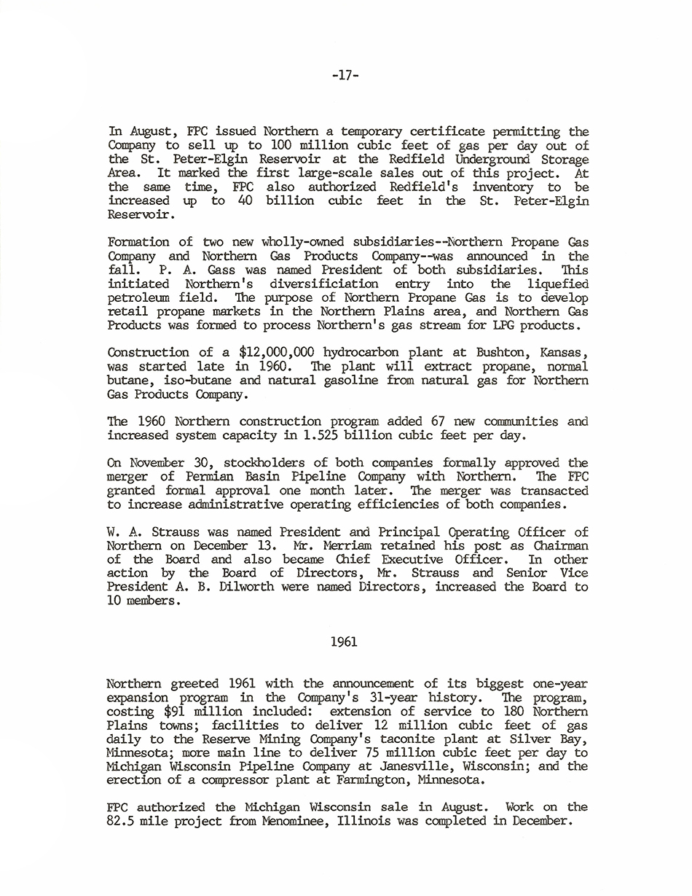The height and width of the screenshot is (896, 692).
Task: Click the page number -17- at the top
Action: [x=345, y=75]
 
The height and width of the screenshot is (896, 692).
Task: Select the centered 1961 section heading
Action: [x=344, y=642]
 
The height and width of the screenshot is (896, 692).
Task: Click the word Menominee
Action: [x=278, y=821]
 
